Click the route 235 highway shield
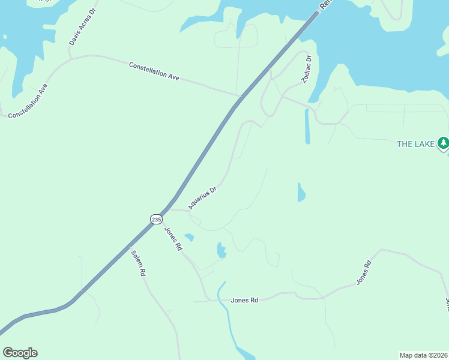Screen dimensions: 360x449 click(x=156, y=220)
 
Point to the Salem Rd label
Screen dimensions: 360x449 click(x=139, y=262)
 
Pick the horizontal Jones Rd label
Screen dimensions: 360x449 click(x=244, y=299)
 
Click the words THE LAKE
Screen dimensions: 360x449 click(x=416, y=144)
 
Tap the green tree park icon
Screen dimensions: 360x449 click(x=443, y=143)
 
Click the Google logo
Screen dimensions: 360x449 click(x=20, y=353)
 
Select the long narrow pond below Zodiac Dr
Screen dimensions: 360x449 click(x=307, y=126)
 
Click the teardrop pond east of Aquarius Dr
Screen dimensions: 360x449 click(x=301, y=193)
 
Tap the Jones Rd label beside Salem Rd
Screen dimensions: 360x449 click(x=173, y=239)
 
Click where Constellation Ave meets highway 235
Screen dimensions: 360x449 click(x=240, y=95)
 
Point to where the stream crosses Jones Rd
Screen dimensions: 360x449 click(x=221, y=299)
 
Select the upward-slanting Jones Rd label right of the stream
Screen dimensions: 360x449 click(x=364, y=272)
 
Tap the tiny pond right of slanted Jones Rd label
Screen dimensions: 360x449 click(x=189, y=238)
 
